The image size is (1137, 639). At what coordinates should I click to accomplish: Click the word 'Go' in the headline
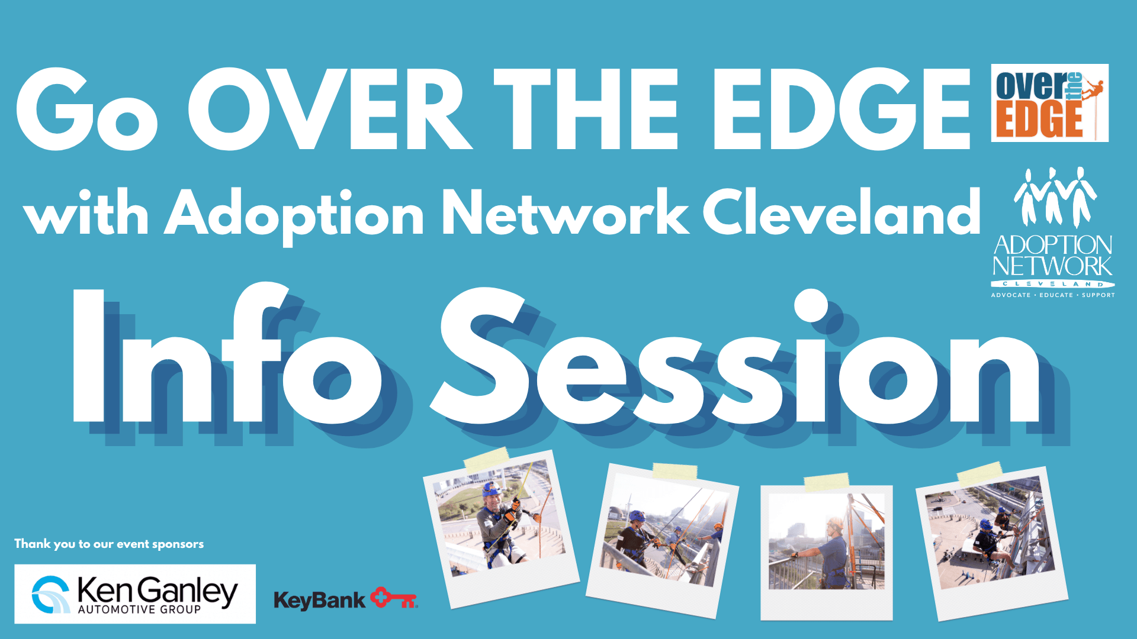pyautogui.click(x=87, y=109)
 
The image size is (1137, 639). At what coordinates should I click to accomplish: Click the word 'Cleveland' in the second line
pyautogui.click(x=841, y=212)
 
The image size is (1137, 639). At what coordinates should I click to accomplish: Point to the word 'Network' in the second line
pyautogui.click(x=566, y=212)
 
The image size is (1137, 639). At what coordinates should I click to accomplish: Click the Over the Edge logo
pyautogui.click(x=1049, y=103)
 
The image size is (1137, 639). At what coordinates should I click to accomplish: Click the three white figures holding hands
pyautogui.click(x=1055, y=196)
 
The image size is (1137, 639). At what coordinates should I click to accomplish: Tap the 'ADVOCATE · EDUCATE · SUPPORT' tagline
pyautogui.click(x=1053, y=295)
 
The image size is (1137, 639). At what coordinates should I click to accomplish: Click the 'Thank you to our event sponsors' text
pyautogui.click(x=109, y=544)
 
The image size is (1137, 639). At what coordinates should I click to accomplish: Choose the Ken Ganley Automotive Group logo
pyautogui.click(x=135, y=593)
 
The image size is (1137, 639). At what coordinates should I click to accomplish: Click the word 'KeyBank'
pyautogui.click(x=319, y=601)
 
